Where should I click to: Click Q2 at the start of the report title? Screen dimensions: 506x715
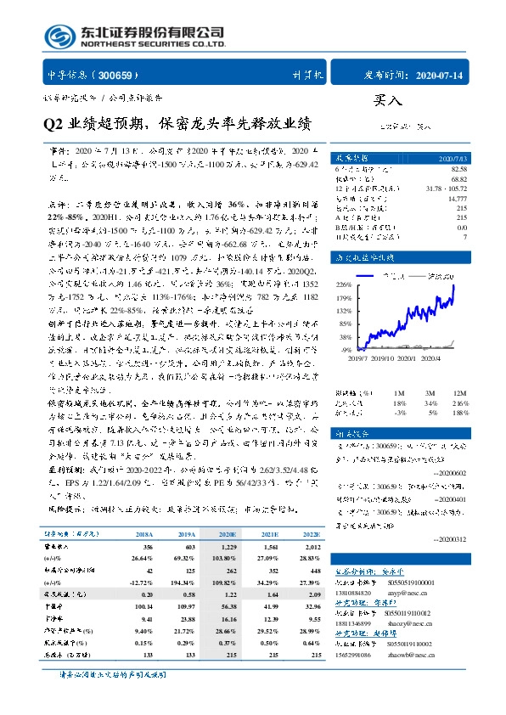tap(53, 125)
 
